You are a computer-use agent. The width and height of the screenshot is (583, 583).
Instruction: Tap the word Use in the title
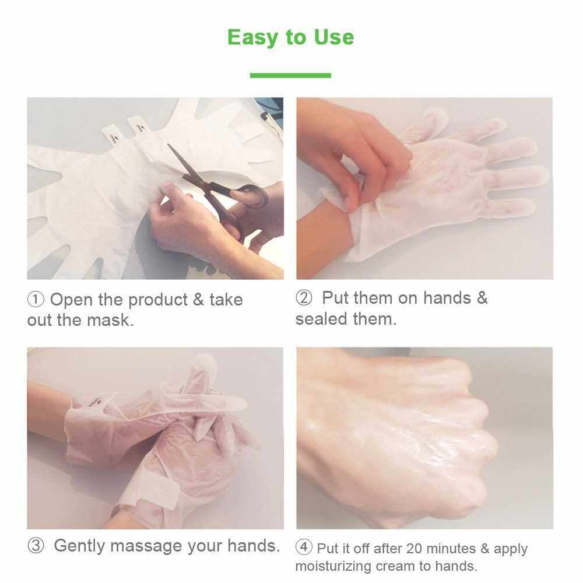coord(334,37)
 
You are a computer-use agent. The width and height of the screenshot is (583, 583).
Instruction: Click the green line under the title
coord(290,75)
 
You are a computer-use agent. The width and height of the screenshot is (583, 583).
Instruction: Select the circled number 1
coord(36,300)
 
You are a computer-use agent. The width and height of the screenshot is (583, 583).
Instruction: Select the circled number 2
coord(304,298)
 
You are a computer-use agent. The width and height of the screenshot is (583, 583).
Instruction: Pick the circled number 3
coord(36,546)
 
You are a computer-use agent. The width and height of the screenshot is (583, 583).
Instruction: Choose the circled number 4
coord(304,547)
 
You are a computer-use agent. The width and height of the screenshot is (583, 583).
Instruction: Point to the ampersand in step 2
coord(482,298)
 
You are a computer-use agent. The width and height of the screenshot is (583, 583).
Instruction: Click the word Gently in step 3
coord(79,546)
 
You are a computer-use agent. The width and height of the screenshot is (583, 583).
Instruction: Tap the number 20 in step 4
coord(415,549)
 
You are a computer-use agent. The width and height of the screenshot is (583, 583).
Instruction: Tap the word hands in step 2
coord(447,298)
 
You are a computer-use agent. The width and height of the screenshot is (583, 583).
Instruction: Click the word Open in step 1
coord(71,300)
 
